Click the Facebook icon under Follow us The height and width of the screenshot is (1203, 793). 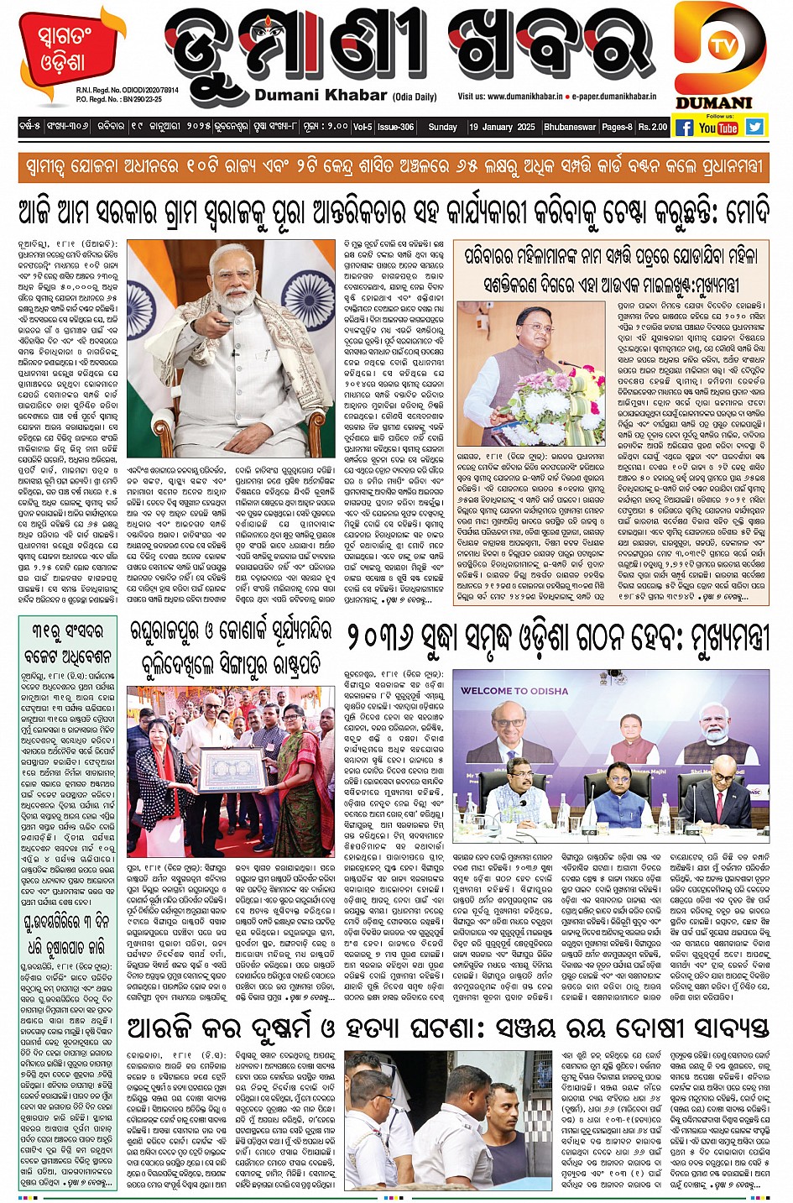coord(685,128)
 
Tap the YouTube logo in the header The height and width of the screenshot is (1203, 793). coord(718,128)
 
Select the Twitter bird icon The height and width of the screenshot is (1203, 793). coord(755,127)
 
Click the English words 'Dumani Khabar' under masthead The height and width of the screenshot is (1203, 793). coord(321,95)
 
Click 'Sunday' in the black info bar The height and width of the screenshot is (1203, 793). coord(442,128)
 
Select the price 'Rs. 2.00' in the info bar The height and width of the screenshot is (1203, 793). coord(653,128)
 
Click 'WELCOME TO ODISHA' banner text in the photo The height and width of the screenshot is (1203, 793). coord(514,691)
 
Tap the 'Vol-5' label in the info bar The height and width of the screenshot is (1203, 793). coord(363,128)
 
